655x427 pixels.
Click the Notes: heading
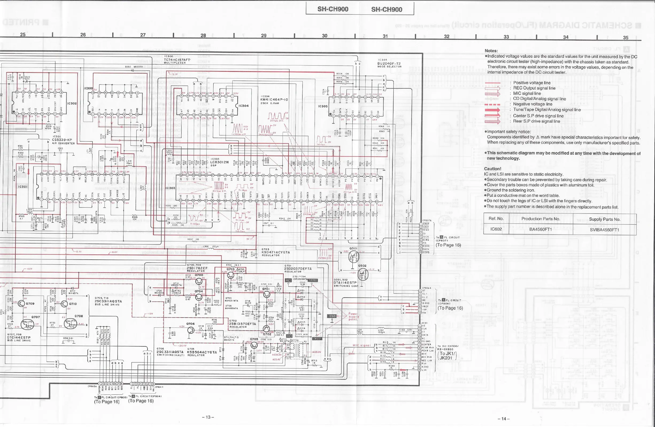click(491, 51)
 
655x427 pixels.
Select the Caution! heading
click(493, 169)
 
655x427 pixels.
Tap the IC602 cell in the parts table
click(496, 229)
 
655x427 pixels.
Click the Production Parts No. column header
click(541, 219)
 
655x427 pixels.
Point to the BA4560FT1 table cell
click(541, 230)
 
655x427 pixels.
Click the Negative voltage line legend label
click(533, 104)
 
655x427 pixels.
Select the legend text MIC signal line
click(527, 93)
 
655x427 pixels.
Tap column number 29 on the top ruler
click(264, 35)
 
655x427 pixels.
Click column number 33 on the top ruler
click(506, 37)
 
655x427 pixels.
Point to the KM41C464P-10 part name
click(274, 100)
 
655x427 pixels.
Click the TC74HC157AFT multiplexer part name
click(177, 60)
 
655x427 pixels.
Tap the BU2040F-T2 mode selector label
click(389, 64)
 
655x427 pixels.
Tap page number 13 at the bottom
click(208, 417)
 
